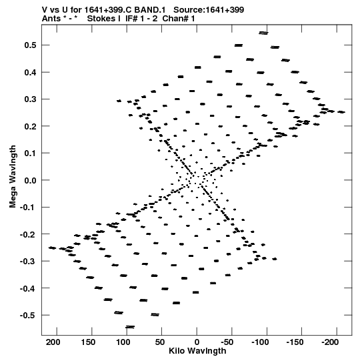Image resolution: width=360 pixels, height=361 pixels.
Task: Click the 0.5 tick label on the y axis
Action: coord(30,45)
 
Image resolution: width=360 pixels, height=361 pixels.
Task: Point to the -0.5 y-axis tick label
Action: coord(28,315)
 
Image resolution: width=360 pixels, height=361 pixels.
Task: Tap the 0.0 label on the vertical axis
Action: coord(30,180)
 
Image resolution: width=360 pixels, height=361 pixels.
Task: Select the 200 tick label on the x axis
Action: coord(53,342)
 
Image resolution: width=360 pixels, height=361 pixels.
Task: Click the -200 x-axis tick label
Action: coord(330,342)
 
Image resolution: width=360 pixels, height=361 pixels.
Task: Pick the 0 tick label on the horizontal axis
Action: coord(197,342)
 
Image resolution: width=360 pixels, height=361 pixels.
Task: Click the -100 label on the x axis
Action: coord(260,342)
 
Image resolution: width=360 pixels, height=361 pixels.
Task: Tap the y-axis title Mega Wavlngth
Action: coord(13,177)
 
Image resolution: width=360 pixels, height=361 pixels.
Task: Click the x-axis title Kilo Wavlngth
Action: coord(197,351)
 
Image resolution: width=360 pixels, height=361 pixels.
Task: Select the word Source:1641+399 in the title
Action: coord(209,10)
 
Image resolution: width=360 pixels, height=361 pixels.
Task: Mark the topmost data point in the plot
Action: coord(263,33)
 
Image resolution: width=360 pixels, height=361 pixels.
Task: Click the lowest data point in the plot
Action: coord(130,327)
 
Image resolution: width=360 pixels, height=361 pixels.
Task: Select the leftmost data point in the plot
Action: coord(52,248)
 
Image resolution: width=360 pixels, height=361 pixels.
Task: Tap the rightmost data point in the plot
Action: coord(341,112)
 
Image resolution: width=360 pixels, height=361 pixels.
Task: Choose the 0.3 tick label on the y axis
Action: coord(30,99)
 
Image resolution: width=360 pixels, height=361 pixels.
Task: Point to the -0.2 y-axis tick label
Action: coord(28,234)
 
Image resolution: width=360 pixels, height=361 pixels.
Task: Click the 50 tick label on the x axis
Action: coord(160,342)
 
